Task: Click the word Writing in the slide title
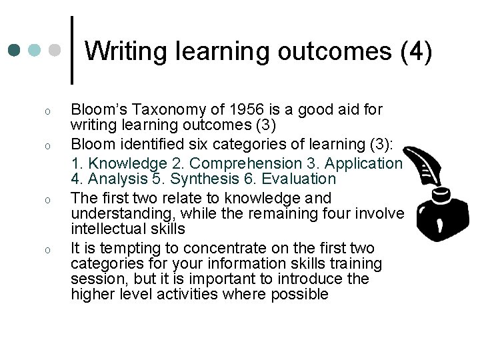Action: point(124,51)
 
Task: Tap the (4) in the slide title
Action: point(416,51)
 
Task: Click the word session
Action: point(95,280)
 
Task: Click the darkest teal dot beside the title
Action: point(14,51)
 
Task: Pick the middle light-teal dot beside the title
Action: point(35,51)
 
